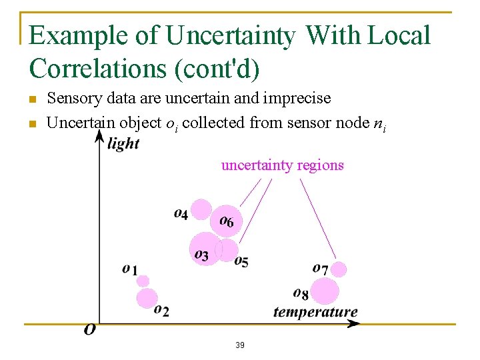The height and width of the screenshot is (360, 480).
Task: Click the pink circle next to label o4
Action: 201,209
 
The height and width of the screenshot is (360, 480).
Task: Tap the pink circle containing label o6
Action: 227,220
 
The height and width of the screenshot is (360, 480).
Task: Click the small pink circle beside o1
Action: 143,281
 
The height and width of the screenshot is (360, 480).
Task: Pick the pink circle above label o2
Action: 147,298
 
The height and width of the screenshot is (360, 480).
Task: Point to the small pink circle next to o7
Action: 339,269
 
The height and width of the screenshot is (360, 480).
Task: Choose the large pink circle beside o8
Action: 325,291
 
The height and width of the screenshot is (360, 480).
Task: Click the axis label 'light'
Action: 123,143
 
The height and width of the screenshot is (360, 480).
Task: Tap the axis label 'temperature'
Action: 315,312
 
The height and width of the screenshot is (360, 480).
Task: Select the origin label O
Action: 89,330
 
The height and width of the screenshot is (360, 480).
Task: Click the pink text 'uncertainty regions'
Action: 282,165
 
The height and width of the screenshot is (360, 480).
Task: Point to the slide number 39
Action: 240,345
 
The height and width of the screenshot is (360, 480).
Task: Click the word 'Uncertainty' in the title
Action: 231,36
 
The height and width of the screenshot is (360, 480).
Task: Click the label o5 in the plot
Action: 241,261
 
